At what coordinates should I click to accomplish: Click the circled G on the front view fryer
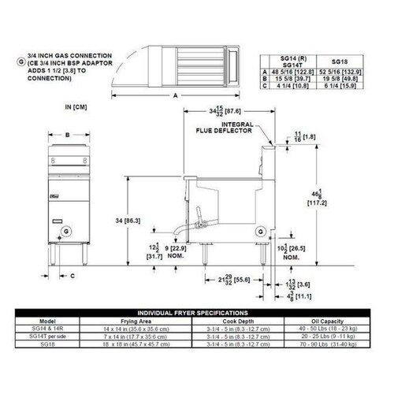click(x=65, y=230)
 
